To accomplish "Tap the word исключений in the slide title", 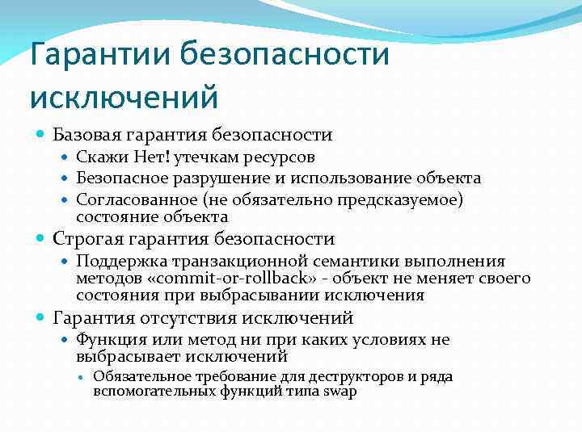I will pos(124,98).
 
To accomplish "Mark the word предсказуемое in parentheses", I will pos(390,199).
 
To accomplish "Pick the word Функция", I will pos(108,340).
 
